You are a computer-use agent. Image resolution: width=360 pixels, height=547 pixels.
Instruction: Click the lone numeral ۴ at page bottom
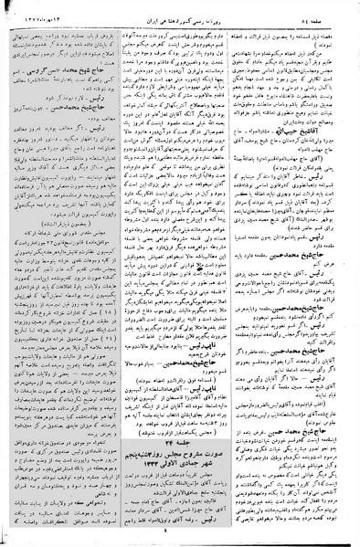179,539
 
